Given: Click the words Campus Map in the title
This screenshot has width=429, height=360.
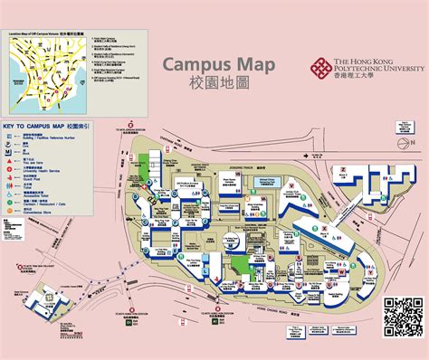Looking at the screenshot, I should click(207, 64).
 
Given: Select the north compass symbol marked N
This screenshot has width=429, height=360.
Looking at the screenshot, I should click(399, 129).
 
